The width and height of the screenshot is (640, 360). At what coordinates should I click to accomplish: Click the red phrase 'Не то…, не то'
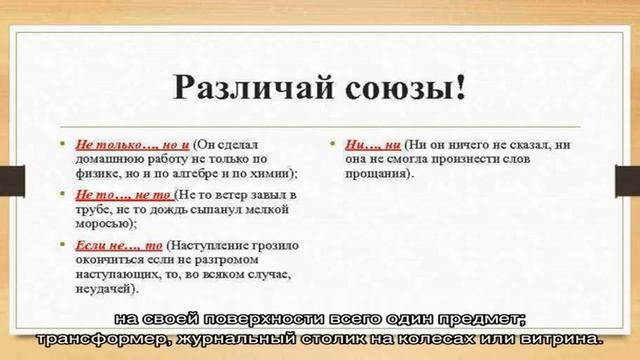[x=116, y=193]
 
